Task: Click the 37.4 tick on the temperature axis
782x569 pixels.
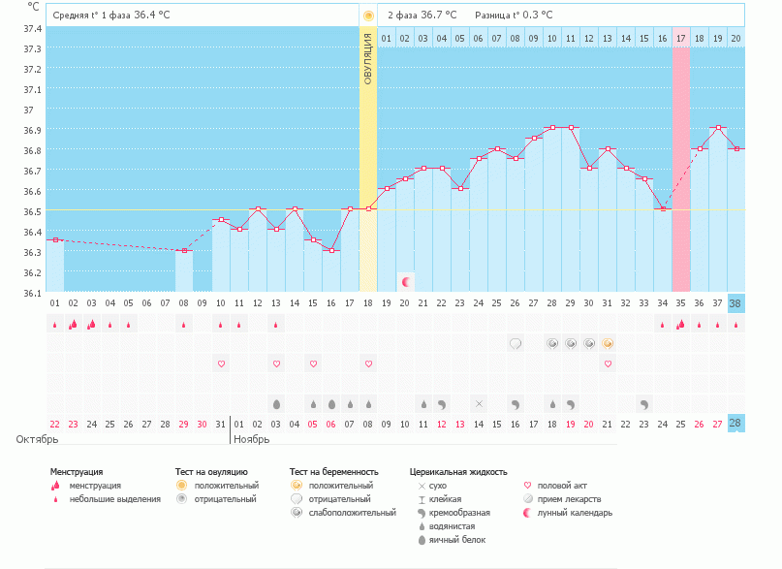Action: coord(32,28)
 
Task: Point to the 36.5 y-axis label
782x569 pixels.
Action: coord(32,211)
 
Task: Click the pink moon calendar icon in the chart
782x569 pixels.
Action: coord(406,282)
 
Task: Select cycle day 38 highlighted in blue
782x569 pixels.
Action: coord(735,302)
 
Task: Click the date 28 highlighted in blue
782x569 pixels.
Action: coord(735,424)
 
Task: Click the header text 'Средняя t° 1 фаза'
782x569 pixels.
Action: coord(92,16)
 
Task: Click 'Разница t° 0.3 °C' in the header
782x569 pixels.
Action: coord(514,16)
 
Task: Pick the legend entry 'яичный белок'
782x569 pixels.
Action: coord(464,539)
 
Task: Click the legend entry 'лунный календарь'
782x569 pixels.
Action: coord(576,513)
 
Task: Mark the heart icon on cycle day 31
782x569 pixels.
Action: coord(608,364)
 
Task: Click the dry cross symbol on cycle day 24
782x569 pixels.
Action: coord(478,403)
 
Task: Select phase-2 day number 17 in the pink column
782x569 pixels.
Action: coord(680,39)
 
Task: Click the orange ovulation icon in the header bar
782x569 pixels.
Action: coord(368,16)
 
